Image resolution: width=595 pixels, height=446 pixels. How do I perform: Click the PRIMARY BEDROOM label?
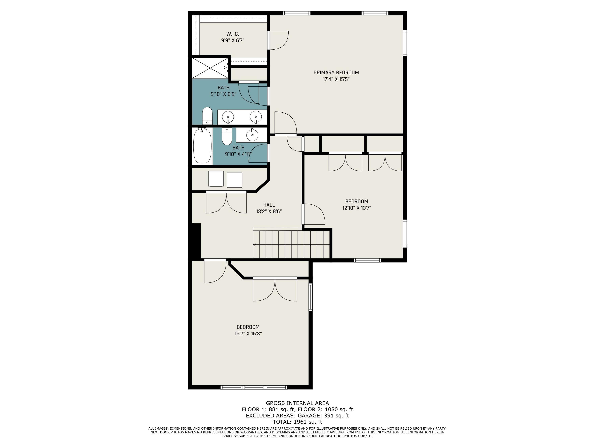336,73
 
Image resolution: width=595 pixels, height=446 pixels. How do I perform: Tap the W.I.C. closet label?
232,34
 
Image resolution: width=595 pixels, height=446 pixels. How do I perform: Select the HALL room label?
269,205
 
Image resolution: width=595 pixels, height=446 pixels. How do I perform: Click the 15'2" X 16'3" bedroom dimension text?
248,334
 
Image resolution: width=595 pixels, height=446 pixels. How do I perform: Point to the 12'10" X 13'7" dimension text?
356,208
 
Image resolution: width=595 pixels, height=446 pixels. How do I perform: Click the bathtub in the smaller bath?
202,146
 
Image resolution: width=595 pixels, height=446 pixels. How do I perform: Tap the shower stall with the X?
210,68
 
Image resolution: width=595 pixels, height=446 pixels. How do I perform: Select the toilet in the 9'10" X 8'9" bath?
207,115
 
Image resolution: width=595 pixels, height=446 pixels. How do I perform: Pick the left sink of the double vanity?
228,117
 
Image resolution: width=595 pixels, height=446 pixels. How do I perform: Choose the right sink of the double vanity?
255,117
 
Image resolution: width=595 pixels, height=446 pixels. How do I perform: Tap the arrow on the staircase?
254,244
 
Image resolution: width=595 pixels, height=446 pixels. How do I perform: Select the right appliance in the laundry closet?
234,180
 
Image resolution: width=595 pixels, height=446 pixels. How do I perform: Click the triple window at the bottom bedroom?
254,387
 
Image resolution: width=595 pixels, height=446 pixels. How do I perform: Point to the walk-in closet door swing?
278,40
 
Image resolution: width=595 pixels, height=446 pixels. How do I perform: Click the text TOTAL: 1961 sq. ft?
297,422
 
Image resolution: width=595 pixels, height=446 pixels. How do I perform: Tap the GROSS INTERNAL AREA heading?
297,403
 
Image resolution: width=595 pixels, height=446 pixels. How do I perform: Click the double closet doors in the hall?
226,203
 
